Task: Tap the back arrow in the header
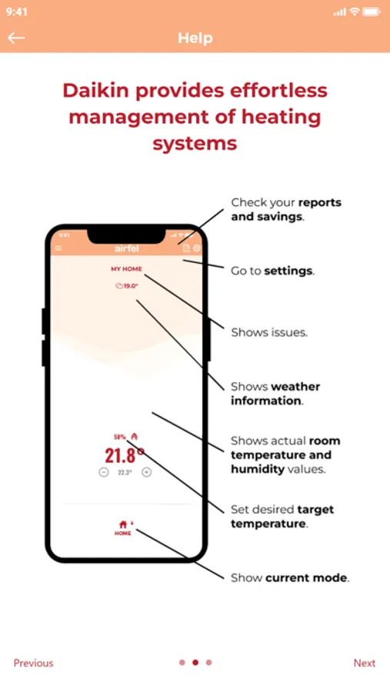[x=16, y=38]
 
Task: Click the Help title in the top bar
[x=195, y=38]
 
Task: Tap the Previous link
[x=34, y=663]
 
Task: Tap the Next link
[x=365, y=663]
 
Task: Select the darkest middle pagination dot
[x=195, y=663]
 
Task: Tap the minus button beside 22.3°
[x=103, y=472]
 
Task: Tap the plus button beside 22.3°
[x=147, y=472]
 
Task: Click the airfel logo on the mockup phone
[x=127, y=248]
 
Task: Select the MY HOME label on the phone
[x=127, y=269]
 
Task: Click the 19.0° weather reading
[x=127, y=286]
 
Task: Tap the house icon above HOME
[x=123, y=524]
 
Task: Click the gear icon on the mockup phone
[x=197, y=248]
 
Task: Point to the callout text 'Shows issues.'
[x=269, y=332]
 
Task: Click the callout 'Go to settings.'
[x=273, y=271]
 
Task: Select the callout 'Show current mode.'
[x=290, y=577]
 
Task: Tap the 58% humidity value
[x=120, y=437]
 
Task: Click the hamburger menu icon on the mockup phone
[x=58, y=248]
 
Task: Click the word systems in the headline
[x=195, y=144]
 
